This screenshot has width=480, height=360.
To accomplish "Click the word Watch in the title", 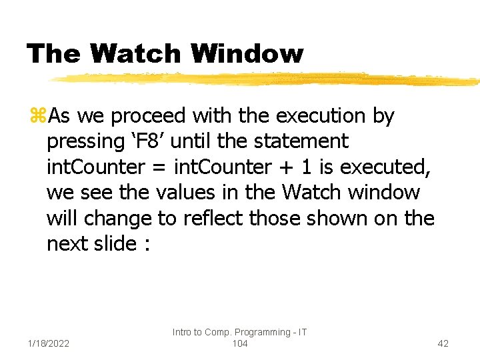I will tap(136, 53).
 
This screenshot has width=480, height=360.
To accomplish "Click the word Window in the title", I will tap(247, 53).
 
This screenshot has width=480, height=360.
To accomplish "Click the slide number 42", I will tap(443, 343).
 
